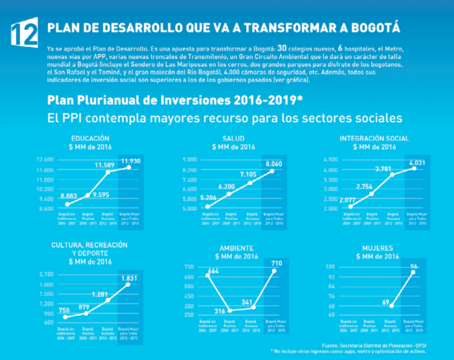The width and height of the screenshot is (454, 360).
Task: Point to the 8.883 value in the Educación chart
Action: tap(67, 195)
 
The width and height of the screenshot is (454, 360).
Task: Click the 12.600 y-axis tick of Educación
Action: tap(45, 160)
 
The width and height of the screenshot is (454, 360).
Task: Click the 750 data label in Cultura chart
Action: tap(64, 310)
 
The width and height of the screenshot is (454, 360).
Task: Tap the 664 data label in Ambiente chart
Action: tap(213, 271)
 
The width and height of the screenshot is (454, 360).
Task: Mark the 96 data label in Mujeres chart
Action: tap(413, 267)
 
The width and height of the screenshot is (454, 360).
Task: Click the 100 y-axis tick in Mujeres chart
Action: tap(329, 267)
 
